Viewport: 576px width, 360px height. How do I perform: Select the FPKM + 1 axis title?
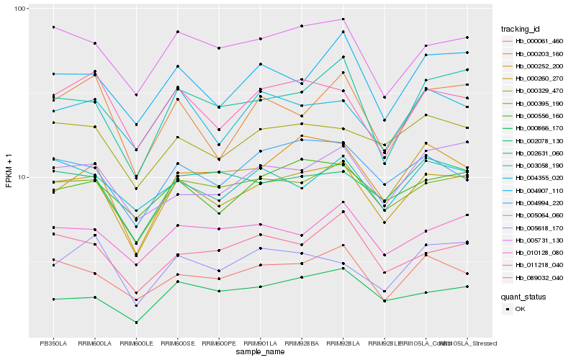point(9,171)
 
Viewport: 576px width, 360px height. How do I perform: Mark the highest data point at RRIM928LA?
point(343,19)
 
